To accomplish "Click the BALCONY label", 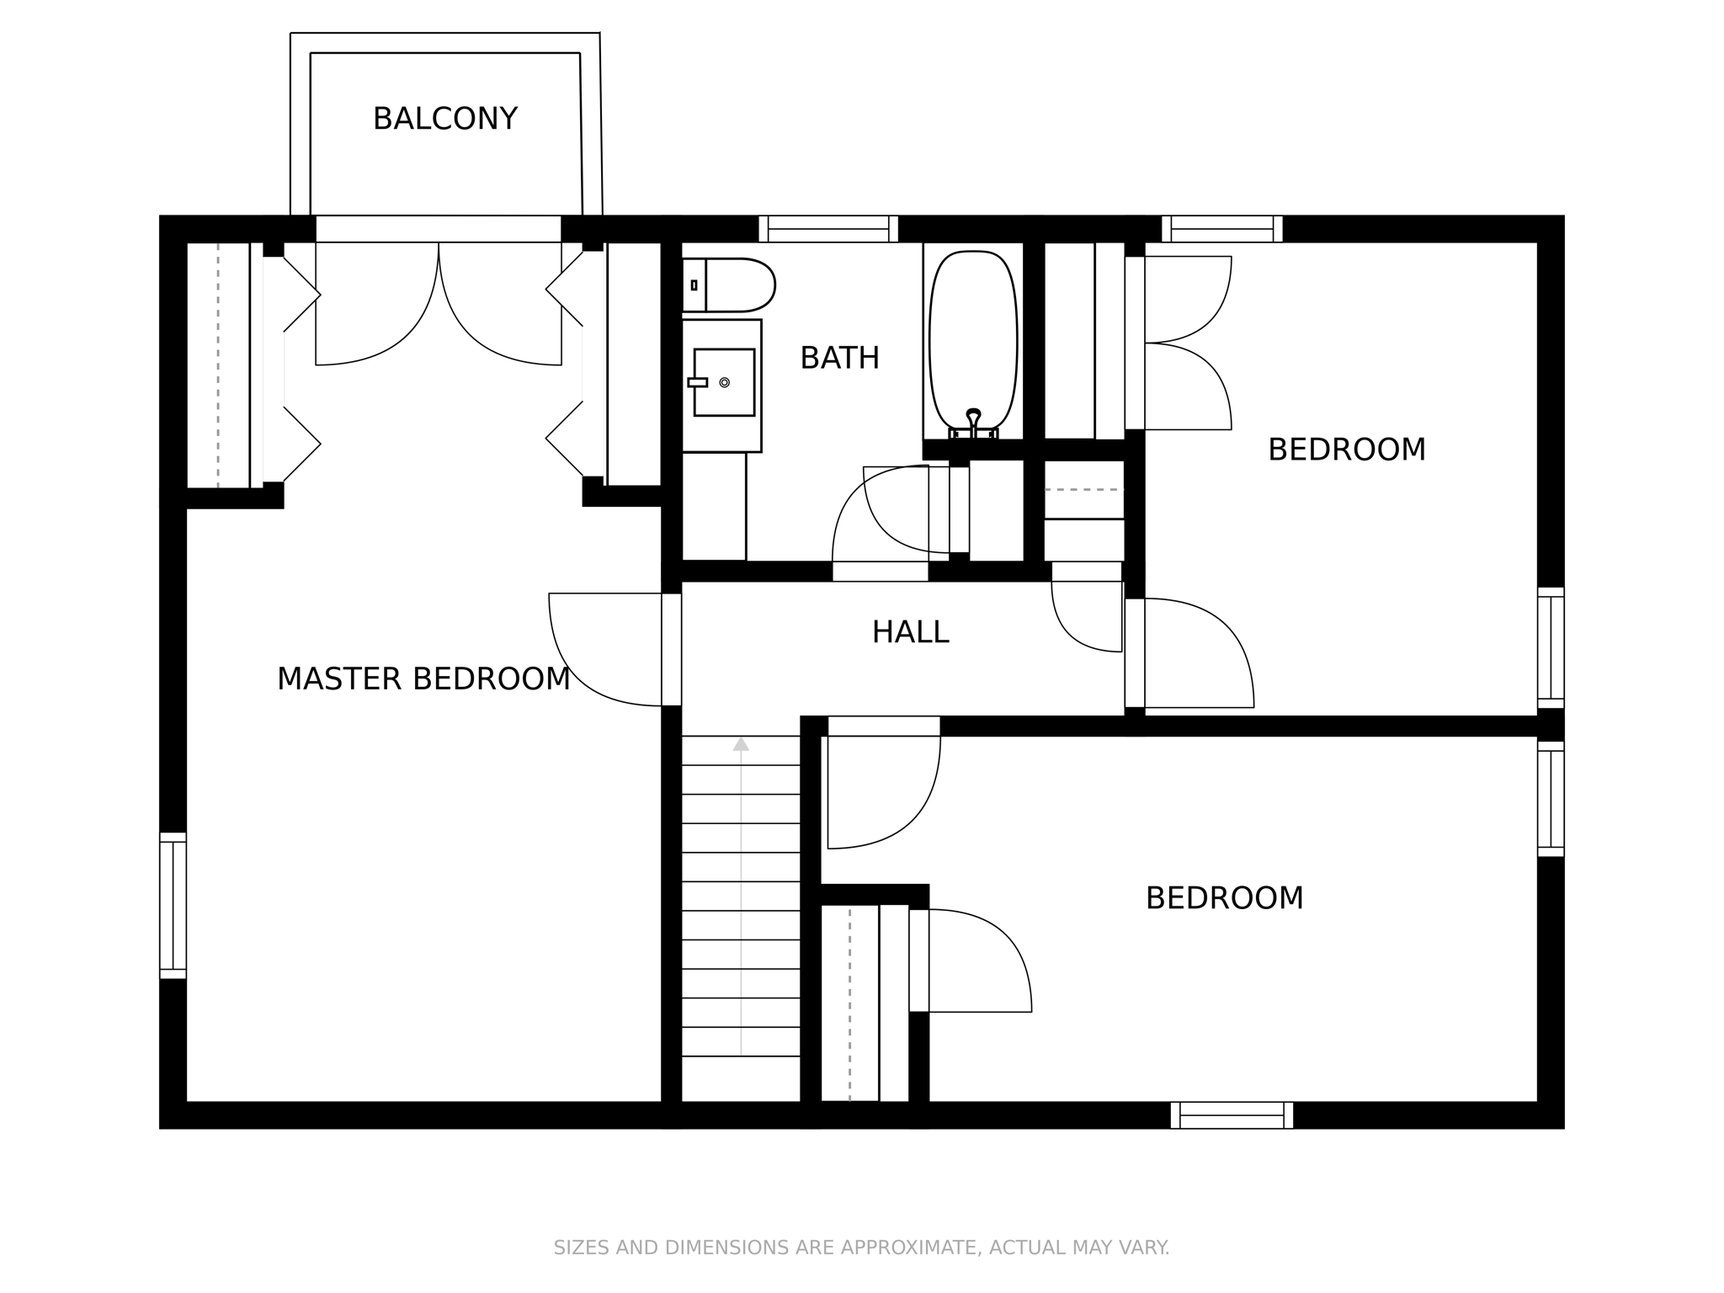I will (x=444, y=119).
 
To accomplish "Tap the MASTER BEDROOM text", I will (x=423, y=678).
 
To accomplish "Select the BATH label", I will (x=839, y=359).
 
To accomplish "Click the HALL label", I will (x=910, y=632).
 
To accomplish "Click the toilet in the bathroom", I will (x=729, y=285).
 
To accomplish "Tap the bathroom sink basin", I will (x=724, y=382).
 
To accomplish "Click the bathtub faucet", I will (x=973, y=418).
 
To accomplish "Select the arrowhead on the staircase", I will (x=741, y=743).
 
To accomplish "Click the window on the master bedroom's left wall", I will (x=173, y=906).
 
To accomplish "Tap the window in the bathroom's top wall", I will (x=828, y=229).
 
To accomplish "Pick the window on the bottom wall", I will (x=1232, y=1115).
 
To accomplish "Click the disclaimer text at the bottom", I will (x=861, y=1247).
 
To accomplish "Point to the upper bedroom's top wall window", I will (x=1222, y=229).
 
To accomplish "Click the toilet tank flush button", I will (x=694, y=285).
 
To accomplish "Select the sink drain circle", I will (x=724, y=382).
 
